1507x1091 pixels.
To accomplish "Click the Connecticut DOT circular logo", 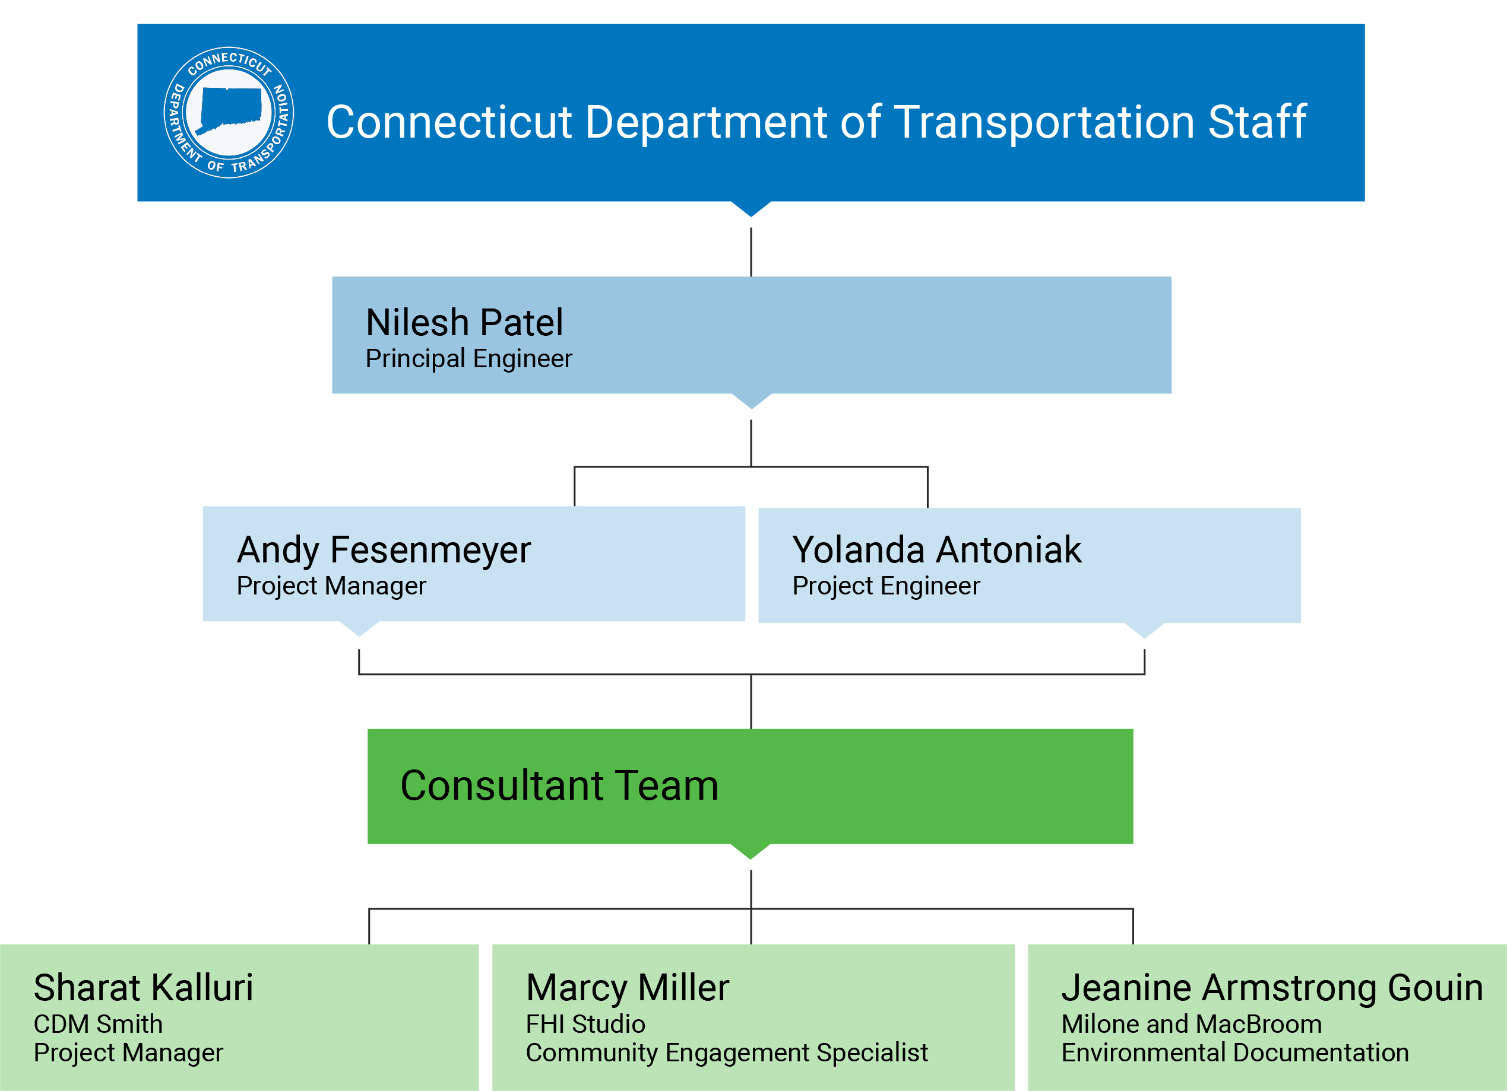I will pos(229,112).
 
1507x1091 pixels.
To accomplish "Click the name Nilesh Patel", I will pos(464,323).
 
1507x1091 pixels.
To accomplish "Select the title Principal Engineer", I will pos(468,358).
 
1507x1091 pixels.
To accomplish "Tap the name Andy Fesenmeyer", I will pos(384,550).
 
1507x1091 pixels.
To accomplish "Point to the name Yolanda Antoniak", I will pos(936,550).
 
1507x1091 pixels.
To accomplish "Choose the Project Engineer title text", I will pos(886,586).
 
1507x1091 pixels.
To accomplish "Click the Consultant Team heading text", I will pos(559,785).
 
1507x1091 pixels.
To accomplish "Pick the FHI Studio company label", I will pos(585,1024).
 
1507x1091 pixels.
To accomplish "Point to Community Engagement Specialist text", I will pos(726,1052).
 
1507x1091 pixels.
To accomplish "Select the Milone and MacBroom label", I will pos(1191,1024).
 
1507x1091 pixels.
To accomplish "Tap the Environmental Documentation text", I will pos(1234,1052).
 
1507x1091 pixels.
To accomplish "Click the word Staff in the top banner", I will pos(1257,122).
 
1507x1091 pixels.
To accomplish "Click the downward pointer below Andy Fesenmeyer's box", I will pos(359,628).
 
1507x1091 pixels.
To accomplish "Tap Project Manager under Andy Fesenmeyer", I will pos(331,586).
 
